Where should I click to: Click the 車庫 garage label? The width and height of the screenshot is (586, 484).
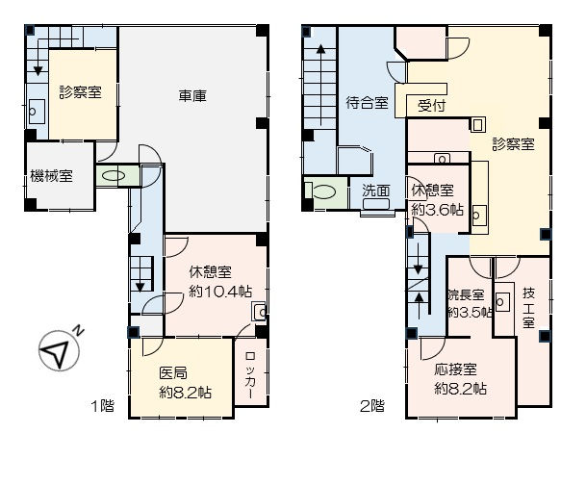192,96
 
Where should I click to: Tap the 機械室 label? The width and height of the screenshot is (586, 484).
51,176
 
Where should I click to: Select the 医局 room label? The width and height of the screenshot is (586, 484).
173,373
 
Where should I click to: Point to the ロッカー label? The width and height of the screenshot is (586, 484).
250,375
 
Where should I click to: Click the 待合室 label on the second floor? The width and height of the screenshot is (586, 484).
367,102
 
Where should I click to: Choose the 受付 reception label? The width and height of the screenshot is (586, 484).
431,106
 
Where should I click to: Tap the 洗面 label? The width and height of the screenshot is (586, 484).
376,191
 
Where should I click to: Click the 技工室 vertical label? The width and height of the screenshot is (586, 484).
528,308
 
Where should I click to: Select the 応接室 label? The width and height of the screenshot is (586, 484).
455,369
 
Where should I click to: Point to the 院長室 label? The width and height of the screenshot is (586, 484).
467,294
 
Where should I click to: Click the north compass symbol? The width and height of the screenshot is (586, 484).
59,350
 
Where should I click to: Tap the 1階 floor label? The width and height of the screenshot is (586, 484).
103,405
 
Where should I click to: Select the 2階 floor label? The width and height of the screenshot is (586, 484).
372,405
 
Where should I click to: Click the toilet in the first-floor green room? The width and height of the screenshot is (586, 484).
114,176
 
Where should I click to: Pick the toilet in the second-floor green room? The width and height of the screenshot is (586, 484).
323,191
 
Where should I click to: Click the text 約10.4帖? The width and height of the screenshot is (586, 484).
220,292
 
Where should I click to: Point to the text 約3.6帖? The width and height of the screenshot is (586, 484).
437,210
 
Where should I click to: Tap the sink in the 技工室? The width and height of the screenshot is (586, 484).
502,301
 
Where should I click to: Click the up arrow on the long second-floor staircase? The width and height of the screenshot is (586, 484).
320,85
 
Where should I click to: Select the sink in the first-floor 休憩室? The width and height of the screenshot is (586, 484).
260,312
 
